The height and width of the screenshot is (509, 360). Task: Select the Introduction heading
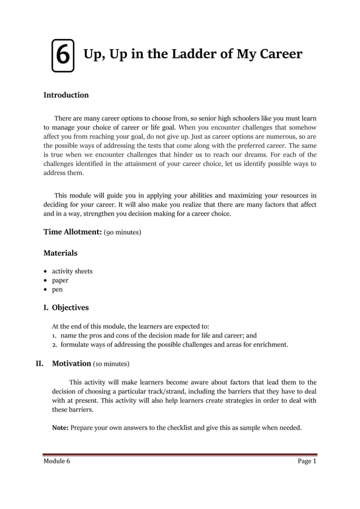[66, 95]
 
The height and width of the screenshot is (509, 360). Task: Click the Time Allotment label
[72, 232]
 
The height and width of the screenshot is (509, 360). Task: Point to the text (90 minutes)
[122, 232]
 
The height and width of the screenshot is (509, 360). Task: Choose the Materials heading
[60, 253]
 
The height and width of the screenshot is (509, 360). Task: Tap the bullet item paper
[60, 280]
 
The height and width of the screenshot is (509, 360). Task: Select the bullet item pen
[58, 289]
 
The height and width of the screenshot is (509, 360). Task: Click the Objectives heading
[70, 308]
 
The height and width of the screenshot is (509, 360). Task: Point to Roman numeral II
[40, 363]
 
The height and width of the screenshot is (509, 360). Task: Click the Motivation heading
[72, 363]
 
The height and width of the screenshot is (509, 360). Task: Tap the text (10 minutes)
[111, 364]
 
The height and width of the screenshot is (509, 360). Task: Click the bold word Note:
[60, 428]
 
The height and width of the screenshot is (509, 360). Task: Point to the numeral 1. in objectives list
[55, 335]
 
